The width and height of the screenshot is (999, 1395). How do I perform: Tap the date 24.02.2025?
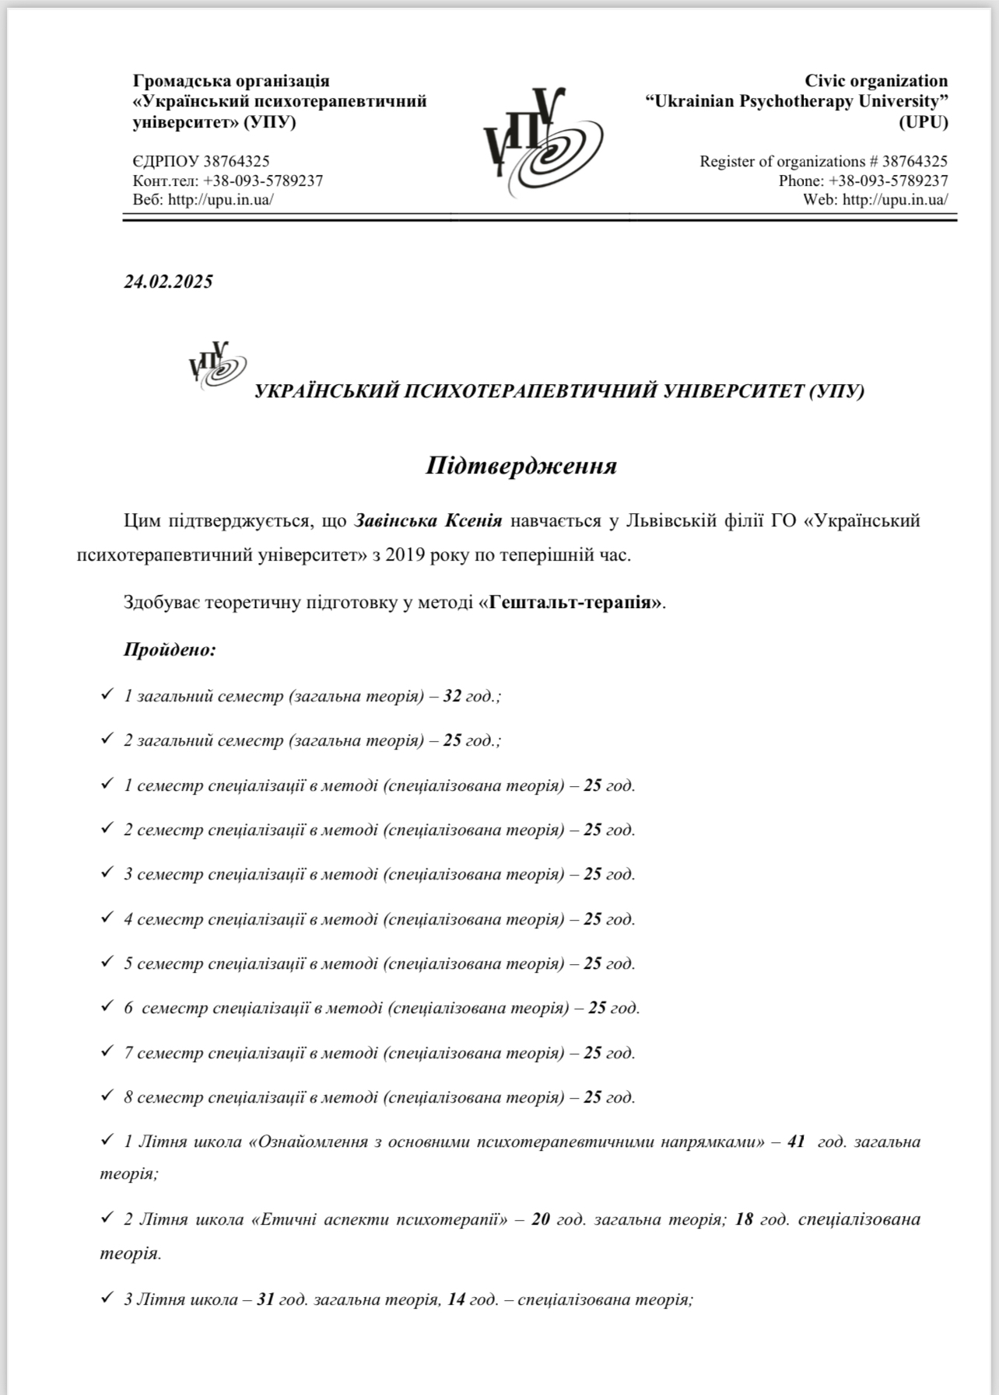[x=168, y=281]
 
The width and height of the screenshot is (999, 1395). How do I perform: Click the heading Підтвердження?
[x=521, y=466]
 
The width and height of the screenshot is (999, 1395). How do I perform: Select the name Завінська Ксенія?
[x=429, y=520]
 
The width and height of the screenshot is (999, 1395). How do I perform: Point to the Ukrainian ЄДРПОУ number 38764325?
[x=237, y=162]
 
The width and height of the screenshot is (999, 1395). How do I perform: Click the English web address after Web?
[x=895, y=200]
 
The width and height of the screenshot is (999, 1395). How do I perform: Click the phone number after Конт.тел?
[x=263, y=181]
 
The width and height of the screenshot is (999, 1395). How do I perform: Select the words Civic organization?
[x=876, y=81]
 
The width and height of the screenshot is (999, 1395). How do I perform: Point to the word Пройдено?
[x=170, y=649]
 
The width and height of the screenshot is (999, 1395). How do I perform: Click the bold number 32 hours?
[x=452, y=696]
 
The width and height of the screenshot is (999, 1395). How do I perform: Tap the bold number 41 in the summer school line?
[x=796, y=1142]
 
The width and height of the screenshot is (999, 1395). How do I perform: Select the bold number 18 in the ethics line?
[x=744, y=1218]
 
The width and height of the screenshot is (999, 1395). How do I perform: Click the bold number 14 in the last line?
[x=456, y=1299]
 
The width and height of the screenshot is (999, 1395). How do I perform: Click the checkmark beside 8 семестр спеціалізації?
[x=107, y=1096]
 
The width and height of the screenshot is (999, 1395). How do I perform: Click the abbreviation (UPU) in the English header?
[x=924, y=122]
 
